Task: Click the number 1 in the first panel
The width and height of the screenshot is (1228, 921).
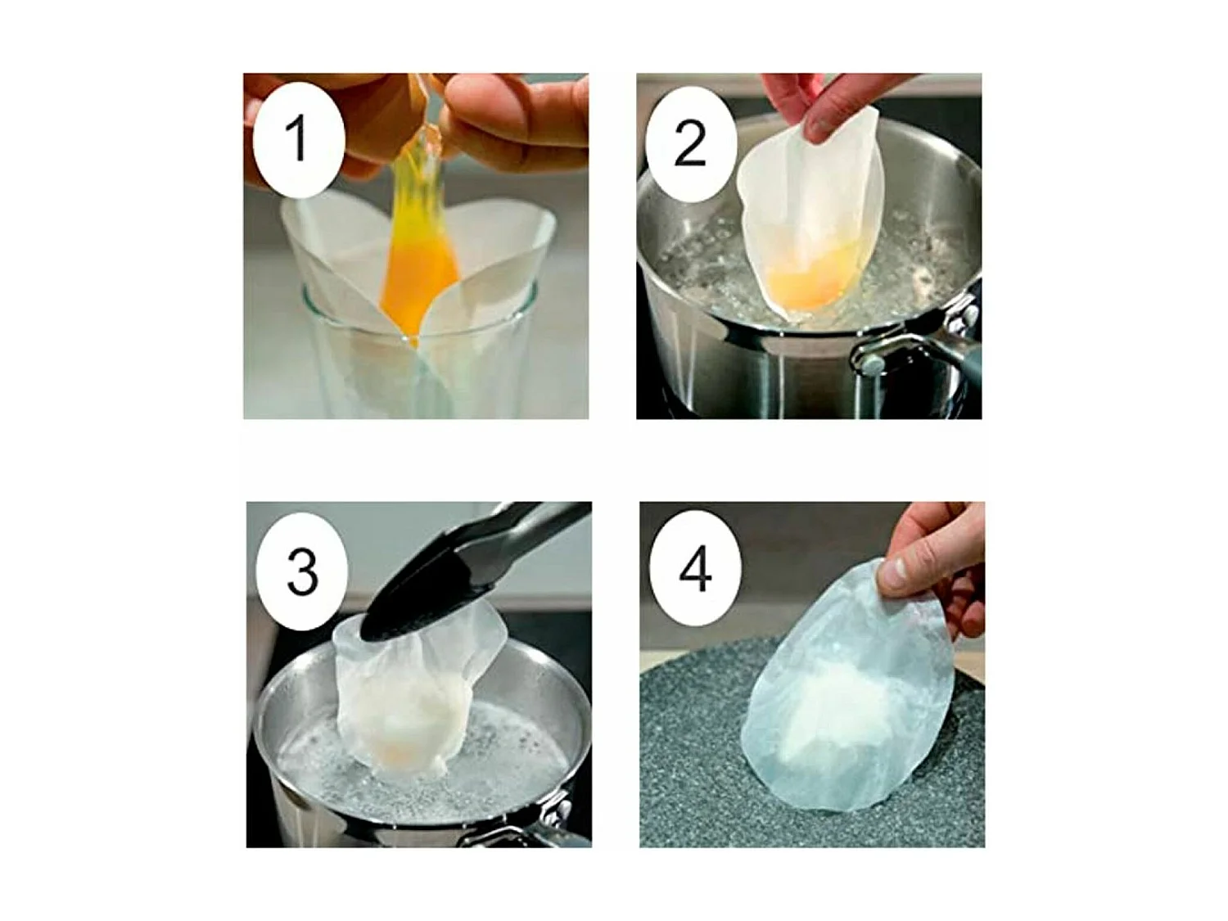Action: pyautogui.click(x=297, y=139)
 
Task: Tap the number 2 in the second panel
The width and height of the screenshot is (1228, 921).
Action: pyautogui.click(x=690, y=144)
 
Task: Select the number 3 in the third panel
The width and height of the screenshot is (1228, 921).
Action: pyautogui.click(x=302, y=571)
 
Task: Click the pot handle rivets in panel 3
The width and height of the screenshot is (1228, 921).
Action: pyautogui.click(x=557, y=810)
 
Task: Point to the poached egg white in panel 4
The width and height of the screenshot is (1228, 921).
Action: pyautogui.click(x=819, y=712)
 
